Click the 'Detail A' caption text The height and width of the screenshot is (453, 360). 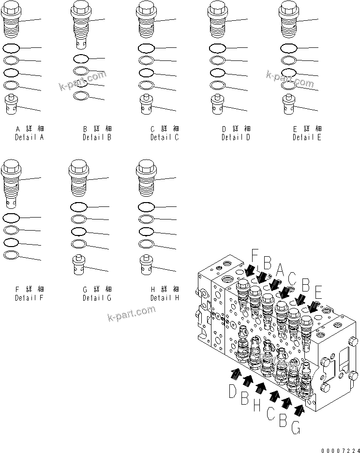29,137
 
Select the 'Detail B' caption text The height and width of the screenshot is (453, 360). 97,137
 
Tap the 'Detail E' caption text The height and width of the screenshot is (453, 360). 307,137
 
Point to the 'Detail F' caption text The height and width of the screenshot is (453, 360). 29,298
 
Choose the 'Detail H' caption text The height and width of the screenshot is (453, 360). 165,298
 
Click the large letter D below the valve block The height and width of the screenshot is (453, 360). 233,390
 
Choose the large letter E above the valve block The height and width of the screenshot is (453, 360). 318,293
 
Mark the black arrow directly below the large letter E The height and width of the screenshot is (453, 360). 313,307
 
